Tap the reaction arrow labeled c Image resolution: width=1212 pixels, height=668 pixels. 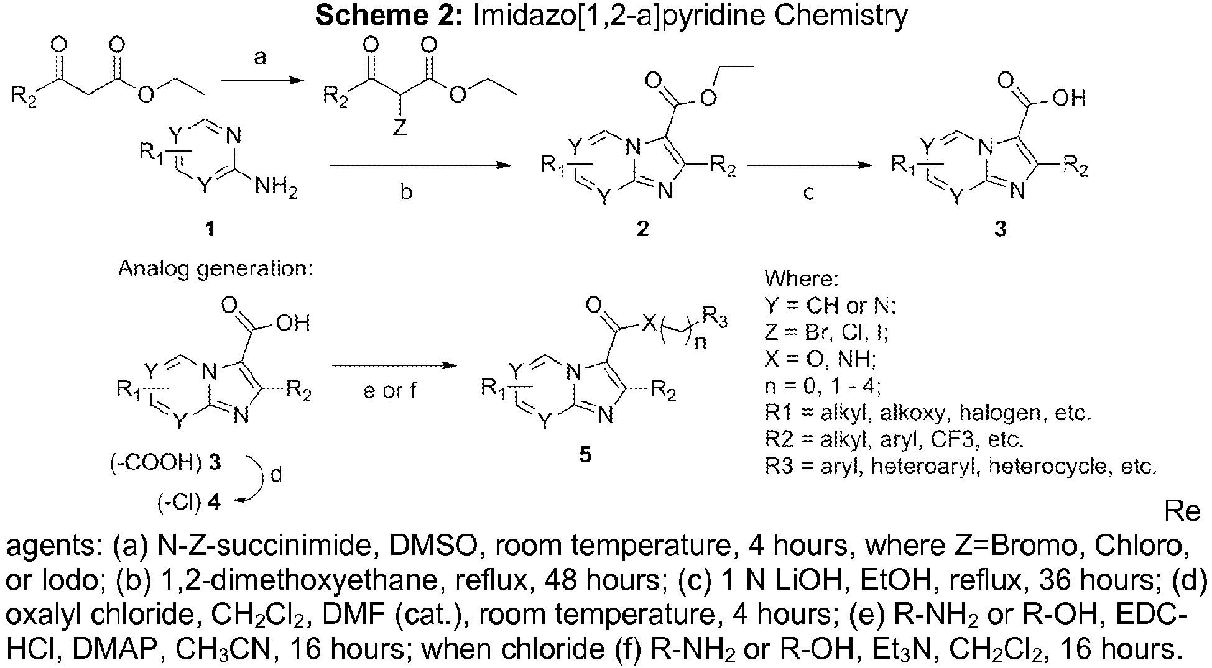(x=809, y=166)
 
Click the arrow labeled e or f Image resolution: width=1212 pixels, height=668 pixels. (x=391, y=366)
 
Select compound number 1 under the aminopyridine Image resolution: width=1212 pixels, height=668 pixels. (x=210, y=229)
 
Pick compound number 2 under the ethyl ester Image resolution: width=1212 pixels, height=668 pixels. (x=642, y=229)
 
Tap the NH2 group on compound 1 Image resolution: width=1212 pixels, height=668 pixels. (x=275, y=187)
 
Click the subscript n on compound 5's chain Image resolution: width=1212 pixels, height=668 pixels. (x=700, y=342)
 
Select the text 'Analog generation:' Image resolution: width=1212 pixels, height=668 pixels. (x=215, y=269)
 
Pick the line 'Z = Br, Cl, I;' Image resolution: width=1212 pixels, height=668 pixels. (x=826, y=333)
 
